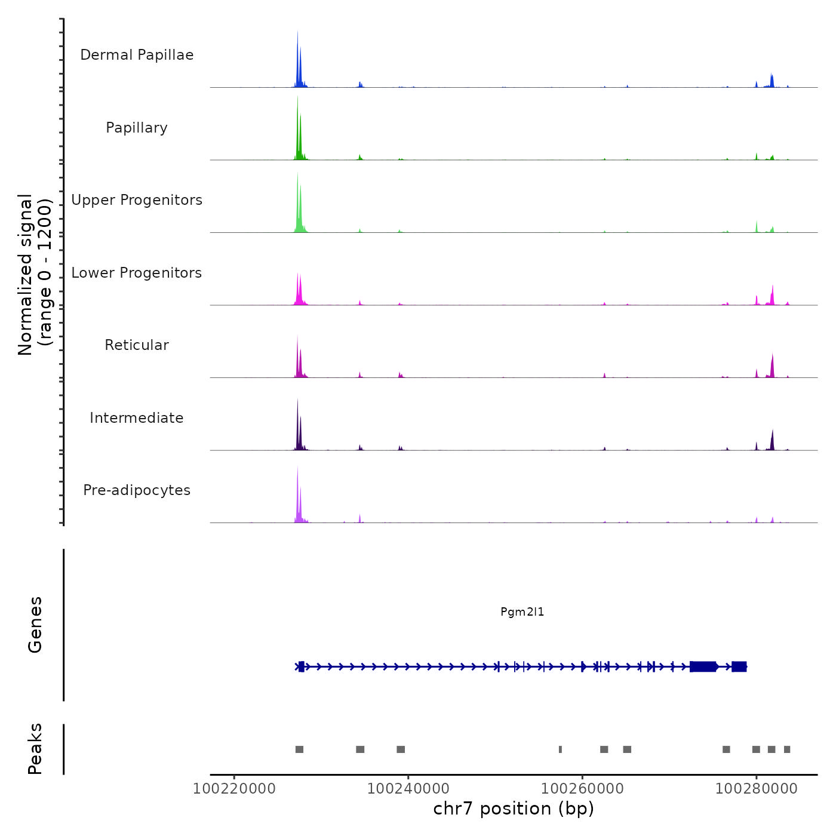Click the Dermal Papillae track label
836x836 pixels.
[137, 55]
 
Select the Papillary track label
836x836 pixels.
[137, 128]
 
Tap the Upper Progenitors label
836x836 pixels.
[137, 200]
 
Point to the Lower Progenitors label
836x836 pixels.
[137, 273]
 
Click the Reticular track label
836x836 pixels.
[137, 345]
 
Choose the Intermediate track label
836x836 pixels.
[137, 418]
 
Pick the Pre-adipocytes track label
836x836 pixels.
[137, 490]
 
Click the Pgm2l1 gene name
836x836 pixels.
[522, 612]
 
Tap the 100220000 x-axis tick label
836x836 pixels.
[234, 789]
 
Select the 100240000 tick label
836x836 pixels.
[408, 789]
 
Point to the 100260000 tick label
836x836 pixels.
[582, 789]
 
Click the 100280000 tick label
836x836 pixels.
[756, 789]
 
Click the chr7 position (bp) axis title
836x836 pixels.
[514, 809]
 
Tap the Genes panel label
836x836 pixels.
[35, 625]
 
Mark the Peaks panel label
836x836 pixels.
[35, 749]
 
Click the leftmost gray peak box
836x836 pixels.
[299, 749]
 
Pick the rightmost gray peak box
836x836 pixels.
[787, 749]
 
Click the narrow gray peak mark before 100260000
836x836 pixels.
[560, 749]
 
